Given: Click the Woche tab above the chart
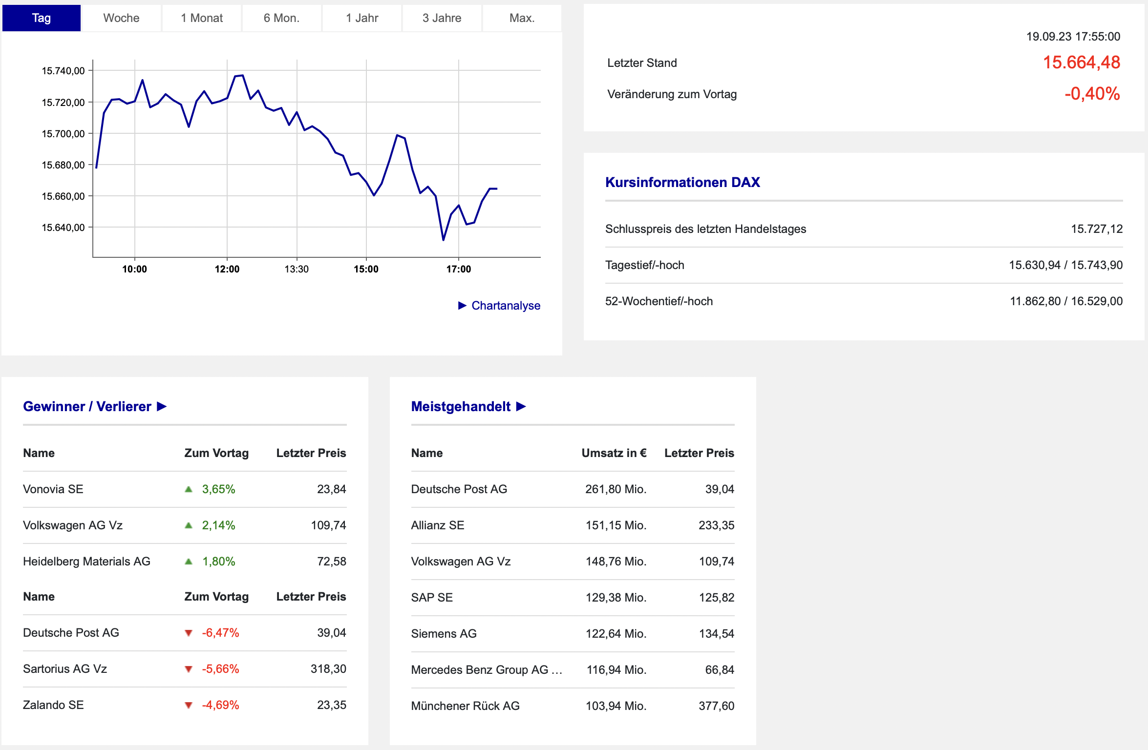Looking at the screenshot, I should pos(121,18).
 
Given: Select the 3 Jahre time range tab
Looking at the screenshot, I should pos(442,18).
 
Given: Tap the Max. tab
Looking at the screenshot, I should pos(522,18).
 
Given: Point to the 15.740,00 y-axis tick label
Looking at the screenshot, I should pos(63,71).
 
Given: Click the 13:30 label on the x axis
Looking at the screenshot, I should pos(297,269).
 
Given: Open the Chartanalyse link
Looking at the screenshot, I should pos(506,306).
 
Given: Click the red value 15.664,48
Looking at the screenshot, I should pos(1081,62).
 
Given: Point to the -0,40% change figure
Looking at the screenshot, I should pos(1092,94).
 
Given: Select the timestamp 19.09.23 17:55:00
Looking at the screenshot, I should pos(1073,37).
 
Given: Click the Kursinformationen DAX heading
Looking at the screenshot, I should pos(682,182).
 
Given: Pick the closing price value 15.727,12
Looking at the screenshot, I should pos(1096,229).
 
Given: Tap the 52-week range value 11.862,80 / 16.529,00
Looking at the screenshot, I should pos(1066,301).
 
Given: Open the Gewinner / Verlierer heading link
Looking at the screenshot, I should pos(95,406).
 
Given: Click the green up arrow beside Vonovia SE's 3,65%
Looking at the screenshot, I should pos(189,489).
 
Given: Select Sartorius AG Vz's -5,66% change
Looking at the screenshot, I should pos(220,669).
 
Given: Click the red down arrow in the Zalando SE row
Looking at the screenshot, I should pos(189,705).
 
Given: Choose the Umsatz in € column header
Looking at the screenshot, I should pos(614,453).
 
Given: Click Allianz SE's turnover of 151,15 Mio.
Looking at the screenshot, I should pos(616,525).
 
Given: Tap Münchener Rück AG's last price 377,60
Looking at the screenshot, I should pos(716,706).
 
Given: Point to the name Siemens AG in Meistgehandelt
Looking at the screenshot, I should pos(444,634).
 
